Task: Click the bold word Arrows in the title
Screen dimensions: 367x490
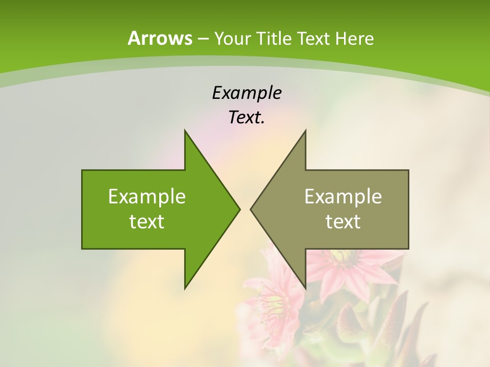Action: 160,38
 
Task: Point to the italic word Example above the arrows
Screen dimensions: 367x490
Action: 247,93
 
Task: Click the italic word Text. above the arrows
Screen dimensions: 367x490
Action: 247,118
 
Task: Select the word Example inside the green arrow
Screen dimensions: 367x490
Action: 147,196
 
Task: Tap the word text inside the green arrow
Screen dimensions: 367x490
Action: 147,221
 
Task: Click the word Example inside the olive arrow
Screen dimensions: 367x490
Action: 343,196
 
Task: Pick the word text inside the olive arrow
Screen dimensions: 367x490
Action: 343,221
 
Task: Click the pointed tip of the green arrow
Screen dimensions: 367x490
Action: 239,209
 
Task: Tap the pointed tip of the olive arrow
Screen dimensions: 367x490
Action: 251,209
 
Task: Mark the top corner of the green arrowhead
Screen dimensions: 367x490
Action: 185,130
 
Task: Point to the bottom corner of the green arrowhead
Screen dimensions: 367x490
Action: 185,289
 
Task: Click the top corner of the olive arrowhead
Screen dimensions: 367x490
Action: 305,130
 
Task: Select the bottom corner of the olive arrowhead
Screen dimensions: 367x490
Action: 305,289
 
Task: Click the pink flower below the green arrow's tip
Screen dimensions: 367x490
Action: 276,301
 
